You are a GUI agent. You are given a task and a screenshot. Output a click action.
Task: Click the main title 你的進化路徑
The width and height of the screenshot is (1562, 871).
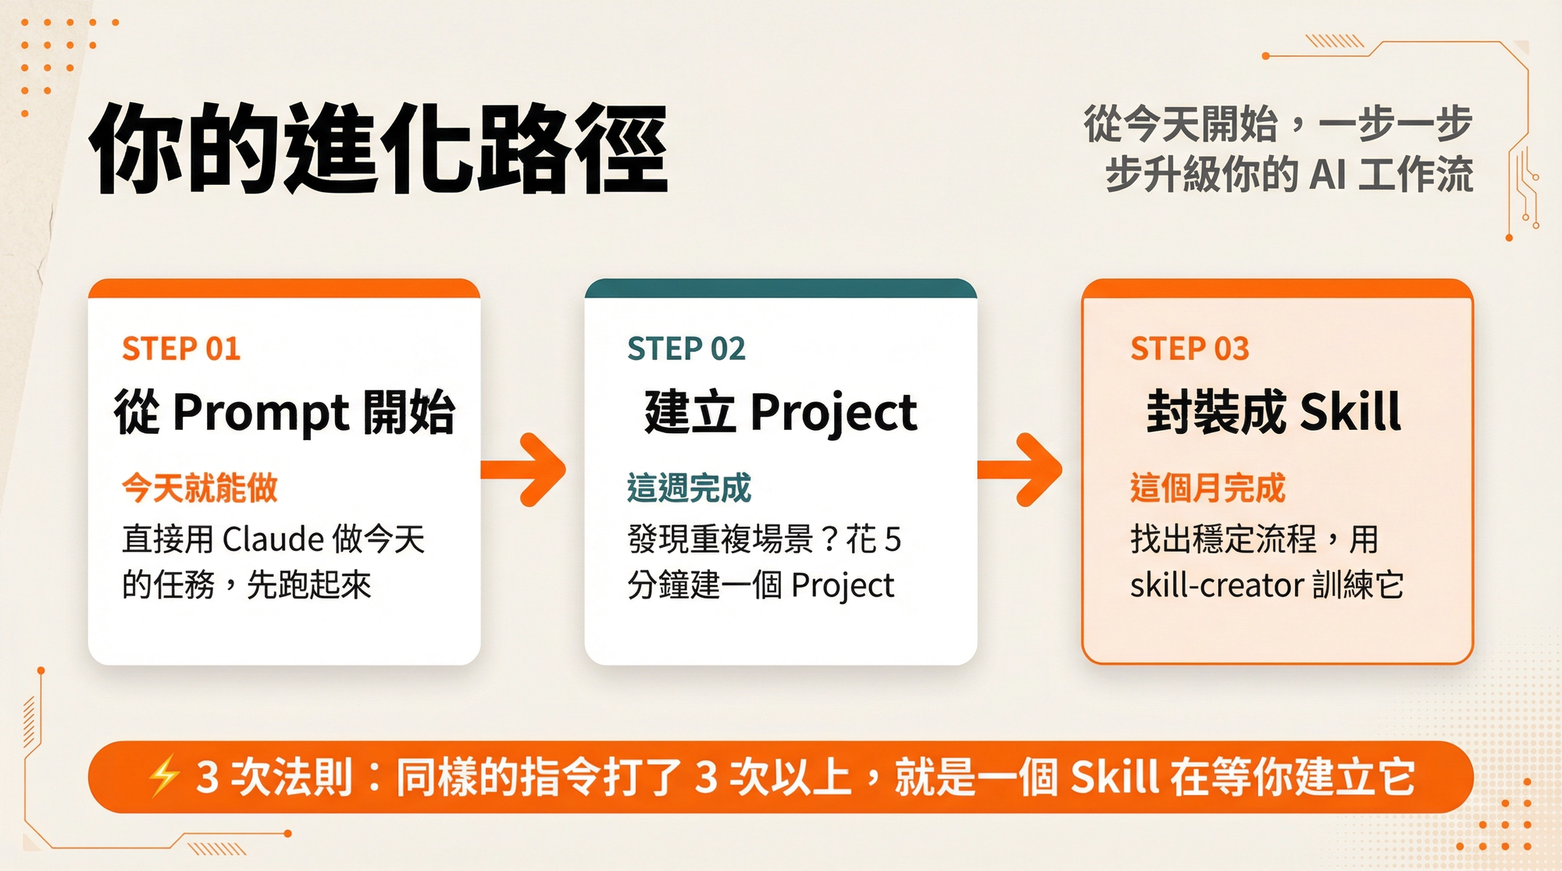[x=379, y=148]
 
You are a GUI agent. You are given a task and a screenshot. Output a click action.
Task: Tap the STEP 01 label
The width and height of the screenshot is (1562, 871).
[x=181, y=349]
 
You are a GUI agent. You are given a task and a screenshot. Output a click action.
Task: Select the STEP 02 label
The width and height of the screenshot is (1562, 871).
[x=686, y=349]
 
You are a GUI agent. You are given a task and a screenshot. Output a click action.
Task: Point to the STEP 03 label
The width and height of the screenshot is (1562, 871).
[x=1189, y=349]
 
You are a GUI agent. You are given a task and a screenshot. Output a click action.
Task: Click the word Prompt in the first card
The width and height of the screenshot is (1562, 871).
[x=260, y=413]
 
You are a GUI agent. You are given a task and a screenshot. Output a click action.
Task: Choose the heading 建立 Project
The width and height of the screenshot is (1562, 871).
[x=780, y=413]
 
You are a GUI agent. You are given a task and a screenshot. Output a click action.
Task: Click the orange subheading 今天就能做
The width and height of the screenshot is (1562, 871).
[x=200, y=488]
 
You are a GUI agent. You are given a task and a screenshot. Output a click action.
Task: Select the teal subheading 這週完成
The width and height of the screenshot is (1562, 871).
[x=689, y=488]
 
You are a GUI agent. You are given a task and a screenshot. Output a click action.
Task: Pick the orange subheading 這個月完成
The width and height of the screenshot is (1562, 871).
[x=1207, y=488]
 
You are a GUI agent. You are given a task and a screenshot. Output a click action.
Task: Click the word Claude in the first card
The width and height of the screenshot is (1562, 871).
[x=273, y=539]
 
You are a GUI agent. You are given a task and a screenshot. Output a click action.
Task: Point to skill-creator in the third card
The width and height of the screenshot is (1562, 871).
[x=1217, y=585]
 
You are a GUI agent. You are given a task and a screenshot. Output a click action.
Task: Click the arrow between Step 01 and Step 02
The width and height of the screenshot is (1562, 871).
[x=525, y=469]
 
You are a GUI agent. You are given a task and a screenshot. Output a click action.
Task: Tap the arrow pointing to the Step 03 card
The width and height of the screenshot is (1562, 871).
[x=1022, y=469]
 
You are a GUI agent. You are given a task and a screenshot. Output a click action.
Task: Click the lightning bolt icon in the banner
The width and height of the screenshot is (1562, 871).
[x=164, y=777]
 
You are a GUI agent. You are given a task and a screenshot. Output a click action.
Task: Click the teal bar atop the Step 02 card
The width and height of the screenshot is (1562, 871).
[x=780, y=288]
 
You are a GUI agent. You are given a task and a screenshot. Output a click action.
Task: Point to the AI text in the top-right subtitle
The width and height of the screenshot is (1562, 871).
[x=1328, y=175]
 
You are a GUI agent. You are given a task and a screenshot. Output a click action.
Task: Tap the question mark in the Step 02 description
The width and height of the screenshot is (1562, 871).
[x=829, y=539]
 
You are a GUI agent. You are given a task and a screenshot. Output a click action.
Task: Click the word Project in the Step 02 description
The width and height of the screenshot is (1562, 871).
[x=843, y=586]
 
